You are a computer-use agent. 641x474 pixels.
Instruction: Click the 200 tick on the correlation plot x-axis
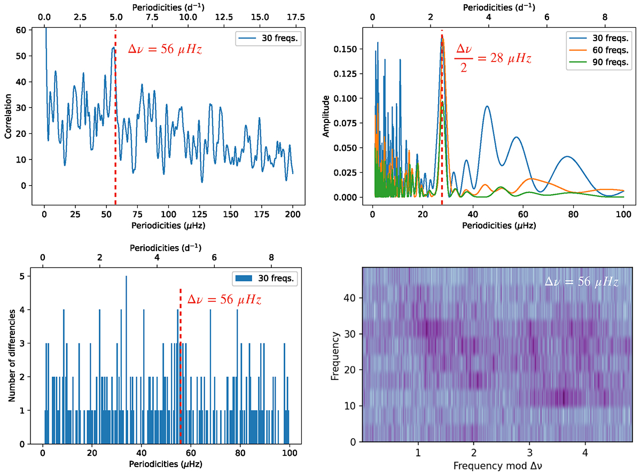tap(293, 212)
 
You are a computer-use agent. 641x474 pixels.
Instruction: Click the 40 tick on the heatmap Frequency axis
tap(351, 298)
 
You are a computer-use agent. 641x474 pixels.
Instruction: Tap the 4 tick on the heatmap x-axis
tap(585, 451)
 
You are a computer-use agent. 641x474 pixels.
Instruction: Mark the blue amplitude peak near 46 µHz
tap(487, 107)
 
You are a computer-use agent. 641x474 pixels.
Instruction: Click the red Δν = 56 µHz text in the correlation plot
tap(165, 50)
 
